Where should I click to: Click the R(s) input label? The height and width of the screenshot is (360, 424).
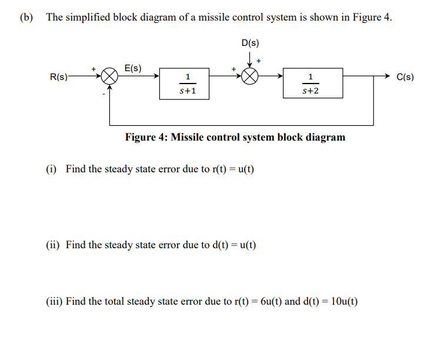click(x=59, y=76)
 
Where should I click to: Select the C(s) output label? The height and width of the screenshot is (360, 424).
click(x=405, y=76)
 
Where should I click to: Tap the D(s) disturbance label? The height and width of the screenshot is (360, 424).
click(x=250, y=43)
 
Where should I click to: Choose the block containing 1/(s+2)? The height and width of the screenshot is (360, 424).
click(x=310, y=84)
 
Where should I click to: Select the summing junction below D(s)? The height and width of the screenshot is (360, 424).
click(x=251, y=76)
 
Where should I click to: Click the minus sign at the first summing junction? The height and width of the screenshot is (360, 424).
click(x=104, y=93)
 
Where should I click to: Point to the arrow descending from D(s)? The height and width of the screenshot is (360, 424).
click(x=251, y=59)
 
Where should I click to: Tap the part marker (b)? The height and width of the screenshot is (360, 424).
click(x=26, y=17)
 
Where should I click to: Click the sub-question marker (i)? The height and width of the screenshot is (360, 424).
click(x=52, y=169)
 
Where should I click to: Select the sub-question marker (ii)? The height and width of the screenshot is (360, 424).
click(x=53, y=245)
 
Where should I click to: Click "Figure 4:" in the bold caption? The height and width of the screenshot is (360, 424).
click(x=146, y=137)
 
